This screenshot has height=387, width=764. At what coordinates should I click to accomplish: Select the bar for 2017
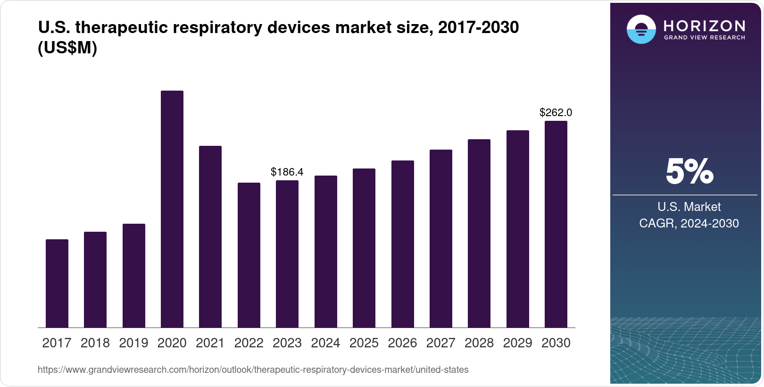[x=57, y=283]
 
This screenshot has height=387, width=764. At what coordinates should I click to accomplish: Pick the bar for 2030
[x=556, y=224]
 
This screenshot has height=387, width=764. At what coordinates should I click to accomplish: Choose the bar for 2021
[x=210, y=236]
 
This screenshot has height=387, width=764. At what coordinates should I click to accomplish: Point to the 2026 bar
[x=403, y=244]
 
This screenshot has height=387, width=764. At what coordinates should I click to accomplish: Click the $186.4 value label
[x=287, y=172]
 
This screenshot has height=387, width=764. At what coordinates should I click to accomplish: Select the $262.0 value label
[x=556, y=113]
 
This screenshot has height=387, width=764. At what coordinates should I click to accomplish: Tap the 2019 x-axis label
[x=133, y=343]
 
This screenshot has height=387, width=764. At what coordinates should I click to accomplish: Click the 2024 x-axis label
[x=325, y=343]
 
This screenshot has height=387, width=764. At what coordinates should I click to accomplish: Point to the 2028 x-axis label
[x=479, y=343]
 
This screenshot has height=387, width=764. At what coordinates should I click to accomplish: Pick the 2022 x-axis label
[x=249, y=343]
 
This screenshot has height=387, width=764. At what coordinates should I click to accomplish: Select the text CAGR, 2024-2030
[x=689, y=223]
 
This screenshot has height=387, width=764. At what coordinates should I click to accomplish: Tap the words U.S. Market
[x=689, y=207]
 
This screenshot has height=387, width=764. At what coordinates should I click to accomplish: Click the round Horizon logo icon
[x=641, y=29]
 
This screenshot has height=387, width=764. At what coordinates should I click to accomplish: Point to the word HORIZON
[x=705, y=25]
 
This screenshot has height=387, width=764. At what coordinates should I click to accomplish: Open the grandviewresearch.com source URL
[x=253, y=370]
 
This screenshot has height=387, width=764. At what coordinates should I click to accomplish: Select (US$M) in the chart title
[x=67, y=48]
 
